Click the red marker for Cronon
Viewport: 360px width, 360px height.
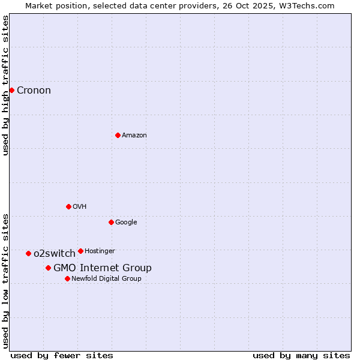[11, 90]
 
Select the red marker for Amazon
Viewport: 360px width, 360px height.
[118, 135]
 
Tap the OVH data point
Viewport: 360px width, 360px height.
[68, 206]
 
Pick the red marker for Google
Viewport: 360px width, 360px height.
[111, 222]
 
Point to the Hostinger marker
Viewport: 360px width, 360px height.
[80, 251]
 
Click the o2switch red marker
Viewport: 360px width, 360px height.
[28, 253]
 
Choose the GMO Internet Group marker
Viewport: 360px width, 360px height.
[48, 268]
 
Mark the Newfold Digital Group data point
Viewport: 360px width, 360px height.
[67, 278]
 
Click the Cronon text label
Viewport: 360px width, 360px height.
[34, 91]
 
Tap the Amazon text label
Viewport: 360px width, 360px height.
[134, 136]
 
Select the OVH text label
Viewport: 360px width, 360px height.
[79, 207]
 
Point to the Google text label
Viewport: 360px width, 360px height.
[126, 223]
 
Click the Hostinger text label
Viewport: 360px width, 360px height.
[100, 251]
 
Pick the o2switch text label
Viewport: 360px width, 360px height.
[54, 254]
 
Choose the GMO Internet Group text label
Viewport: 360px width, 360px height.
[102, 268]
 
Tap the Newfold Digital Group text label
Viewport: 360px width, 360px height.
[106, 279]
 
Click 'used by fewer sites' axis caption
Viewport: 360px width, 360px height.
[62, 355]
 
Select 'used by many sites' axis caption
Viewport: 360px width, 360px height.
[301, 355]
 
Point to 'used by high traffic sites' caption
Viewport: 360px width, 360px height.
[6, 85]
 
